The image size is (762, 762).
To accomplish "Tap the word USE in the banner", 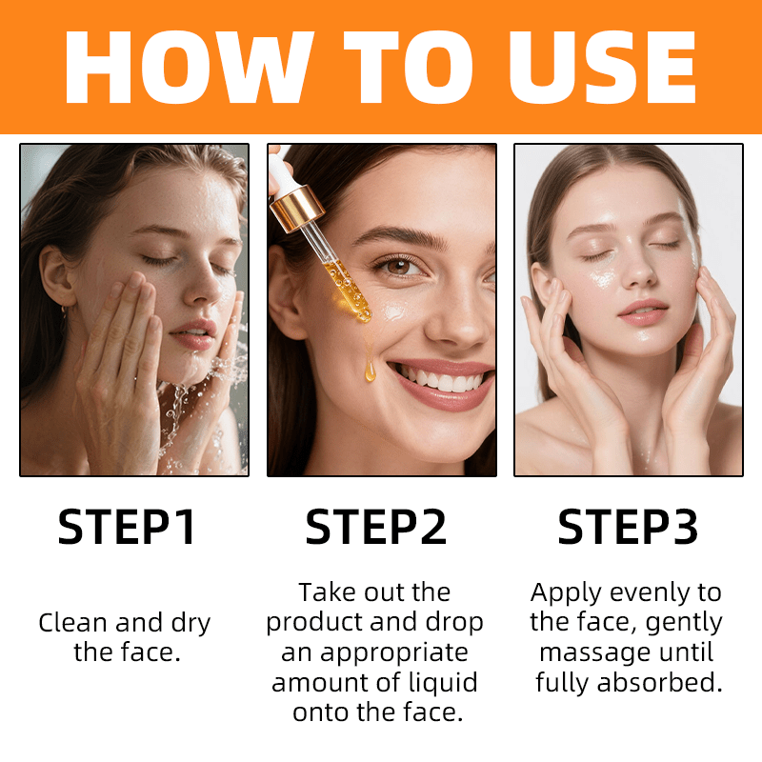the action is click(x=602, y=67).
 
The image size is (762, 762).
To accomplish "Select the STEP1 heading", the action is click(x=127, y=527).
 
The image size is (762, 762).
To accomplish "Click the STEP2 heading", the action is click(x=375, y=527).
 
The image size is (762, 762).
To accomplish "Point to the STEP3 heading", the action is click(x=628, y=527).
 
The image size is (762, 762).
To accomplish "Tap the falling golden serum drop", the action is click(x=370, y=371).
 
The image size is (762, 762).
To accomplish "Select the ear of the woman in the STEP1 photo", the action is click(x=55, y=276).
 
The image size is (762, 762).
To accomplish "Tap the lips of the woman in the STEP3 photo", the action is click(x=643, y=312).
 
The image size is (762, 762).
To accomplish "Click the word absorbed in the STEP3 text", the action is click(x=660, y=682).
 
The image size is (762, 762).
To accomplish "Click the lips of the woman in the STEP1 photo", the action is click(x=194, y=334).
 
